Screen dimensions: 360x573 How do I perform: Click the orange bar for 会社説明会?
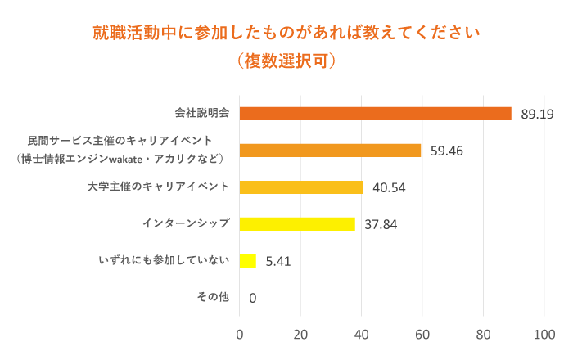pos(375,114)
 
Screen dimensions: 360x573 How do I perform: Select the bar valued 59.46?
pos(330,151)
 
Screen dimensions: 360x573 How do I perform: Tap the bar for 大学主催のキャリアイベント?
pos(301,187)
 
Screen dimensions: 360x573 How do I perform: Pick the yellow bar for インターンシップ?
pos(297,224)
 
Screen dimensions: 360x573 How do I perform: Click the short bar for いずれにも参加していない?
pos(248,261)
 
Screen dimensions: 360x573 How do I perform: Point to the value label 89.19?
pos(537,115)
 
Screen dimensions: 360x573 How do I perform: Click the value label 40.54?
pos(389,188)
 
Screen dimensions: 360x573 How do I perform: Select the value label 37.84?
pos(381,225)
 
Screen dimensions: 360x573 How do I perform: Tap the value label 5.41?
pos(278,262)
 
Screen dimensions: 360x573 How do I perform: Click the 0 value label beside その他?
pos(252,299)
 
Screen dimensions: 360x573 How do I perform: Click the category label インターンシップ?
pos(186,223)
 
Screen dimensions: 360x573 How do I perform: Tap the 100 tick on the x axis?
pos(544,335)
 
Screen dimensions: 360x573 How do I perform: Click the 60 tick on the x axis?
pos(422,335)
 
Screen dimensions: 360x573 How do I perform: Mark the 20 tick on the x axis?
pos(300,335)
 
